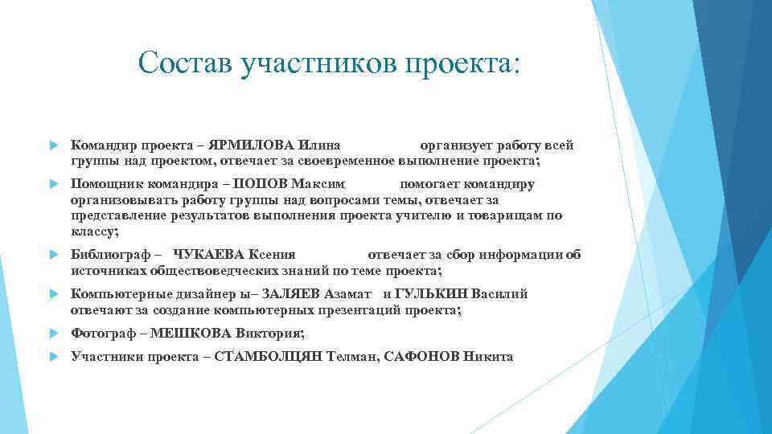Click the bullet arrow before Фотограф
click(53, 333)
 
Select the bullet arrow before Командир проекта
click(53, 146)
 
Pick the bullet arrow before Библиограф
click(53, 254)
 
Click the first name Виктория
click(268, 333)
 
